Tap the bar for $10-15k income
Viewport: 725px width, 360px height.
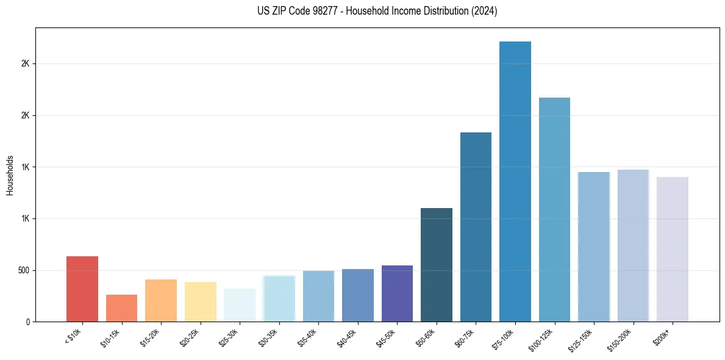click(121, 308)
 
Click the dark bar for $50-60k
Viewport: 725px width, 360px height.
click(437, 265)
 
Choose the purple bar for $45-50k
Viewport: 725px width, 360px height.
click(397, 293)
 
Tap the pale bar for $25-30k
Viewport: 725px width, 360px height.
click(240, 305)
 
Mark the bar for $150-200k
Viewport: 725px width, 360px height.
click(633, 245)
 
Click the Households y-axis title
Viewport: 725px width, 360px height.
click(10, 175)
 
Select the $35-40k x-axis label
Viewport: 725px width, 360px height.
click(309, 338)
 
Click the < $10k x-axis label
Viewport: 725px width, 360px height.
click(73, 337)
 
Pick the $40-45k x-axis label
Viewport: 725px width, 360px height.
click(348, 338)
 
